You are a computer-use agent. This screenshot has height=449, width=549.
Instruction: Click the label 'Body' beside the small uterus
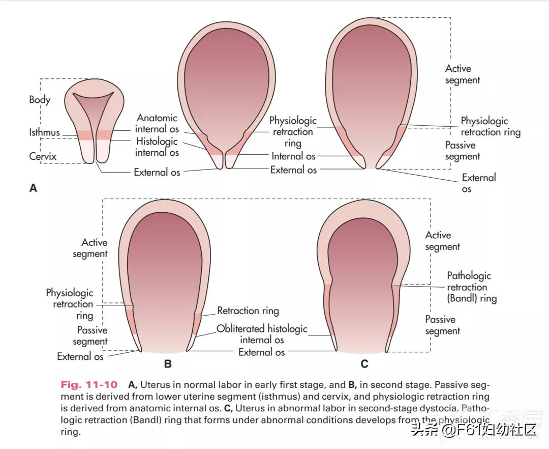coord(40,100)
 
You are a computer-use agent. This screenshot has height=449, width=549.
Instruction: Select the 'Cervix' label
coord(43,156)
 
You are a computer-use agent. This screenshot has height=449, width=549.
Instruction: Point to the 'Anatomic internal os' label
coord(157,123)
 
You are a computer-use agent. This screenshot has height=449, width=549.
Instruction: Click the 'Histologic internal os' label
coord(157,147)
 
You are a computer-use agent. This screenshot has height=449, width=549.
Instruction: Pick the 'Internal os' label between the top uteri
coord(293,156)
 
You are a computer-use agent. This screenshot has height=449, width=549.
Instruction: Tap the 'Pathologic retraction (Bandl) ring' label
coord(472,287)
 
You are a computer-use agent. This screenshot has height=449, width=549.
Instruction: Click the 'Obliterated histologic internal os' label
coord(262,334)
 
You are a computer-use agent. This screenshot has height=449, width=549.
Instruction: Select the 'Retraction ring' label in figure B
coord(248,311)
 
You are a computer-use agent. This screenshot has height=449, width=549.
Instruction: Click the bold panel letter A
coord(33,188)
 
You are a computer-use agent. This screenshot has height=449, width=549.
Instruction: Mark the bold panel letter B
coord(168,364)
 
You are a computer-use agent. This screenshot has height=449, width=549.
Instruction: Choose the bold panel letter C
coord(364,364)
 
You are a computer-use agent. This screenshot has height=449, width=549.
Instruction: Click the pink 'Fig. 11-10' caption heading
coord(89,384)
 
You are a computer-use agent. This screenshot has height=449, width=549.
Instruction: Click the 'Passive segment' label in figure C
coord(442,325)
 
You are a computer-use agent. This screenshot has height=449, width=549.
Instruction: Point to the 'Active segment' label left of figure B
coord(90,248)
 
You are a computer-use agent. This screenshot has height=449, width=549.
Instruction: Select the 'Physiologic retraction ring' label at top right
coord(490,127)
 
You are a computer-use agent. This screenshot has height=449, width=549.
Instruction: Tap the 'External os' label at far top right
coord(479,183)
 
